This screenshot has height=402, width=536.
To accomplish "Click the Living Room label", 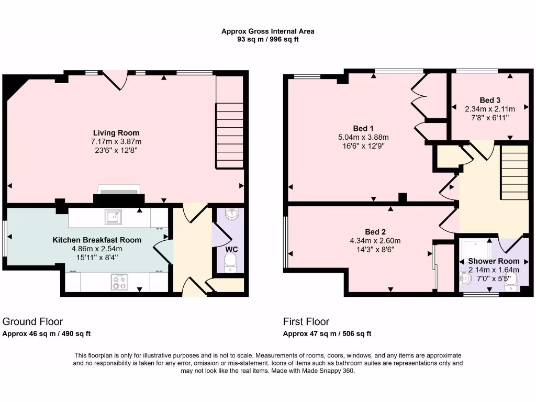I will click(x=116, y=133).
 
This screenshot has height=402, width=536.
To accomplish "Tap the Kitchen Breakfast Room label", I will click(x=97, y=240).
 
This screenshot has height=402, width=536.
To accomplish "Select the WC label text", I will click(x=231, y=250).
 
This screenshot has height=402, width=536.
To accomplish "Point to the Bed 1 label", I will click(x=363, y=129).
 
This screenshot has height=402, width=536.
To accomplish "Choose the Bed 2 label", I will click(x=375, y=232).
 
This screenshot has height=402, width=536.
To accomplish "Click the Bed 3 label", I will click(x=490, y=100).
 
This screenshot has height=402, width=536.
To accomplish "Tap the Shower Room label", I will click(x=494, y=261).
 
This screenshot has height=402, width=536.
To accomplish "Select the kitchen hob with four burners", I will click(x=119, y=282).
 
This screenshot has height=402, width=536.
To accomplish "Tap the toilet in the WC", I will click(x=231, y=264).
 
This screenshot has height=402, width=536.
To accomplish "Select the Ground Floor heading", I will click(x=32, y=321).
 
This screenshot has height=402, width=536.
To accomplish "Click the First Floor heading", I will click(x=306, y=321).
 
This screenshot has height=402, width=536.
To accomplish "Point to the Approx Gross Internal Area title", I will click(x=268, y=31).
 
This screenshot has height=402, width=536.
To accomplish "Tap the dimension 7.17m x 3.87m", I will click(x=116, y=142).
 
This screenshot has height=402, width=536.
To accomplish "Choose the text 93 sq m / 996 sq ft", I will click(x=268, y=39).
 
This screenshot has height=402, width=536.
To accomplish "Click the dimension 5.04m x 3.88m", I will click(x=363, y=138).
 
